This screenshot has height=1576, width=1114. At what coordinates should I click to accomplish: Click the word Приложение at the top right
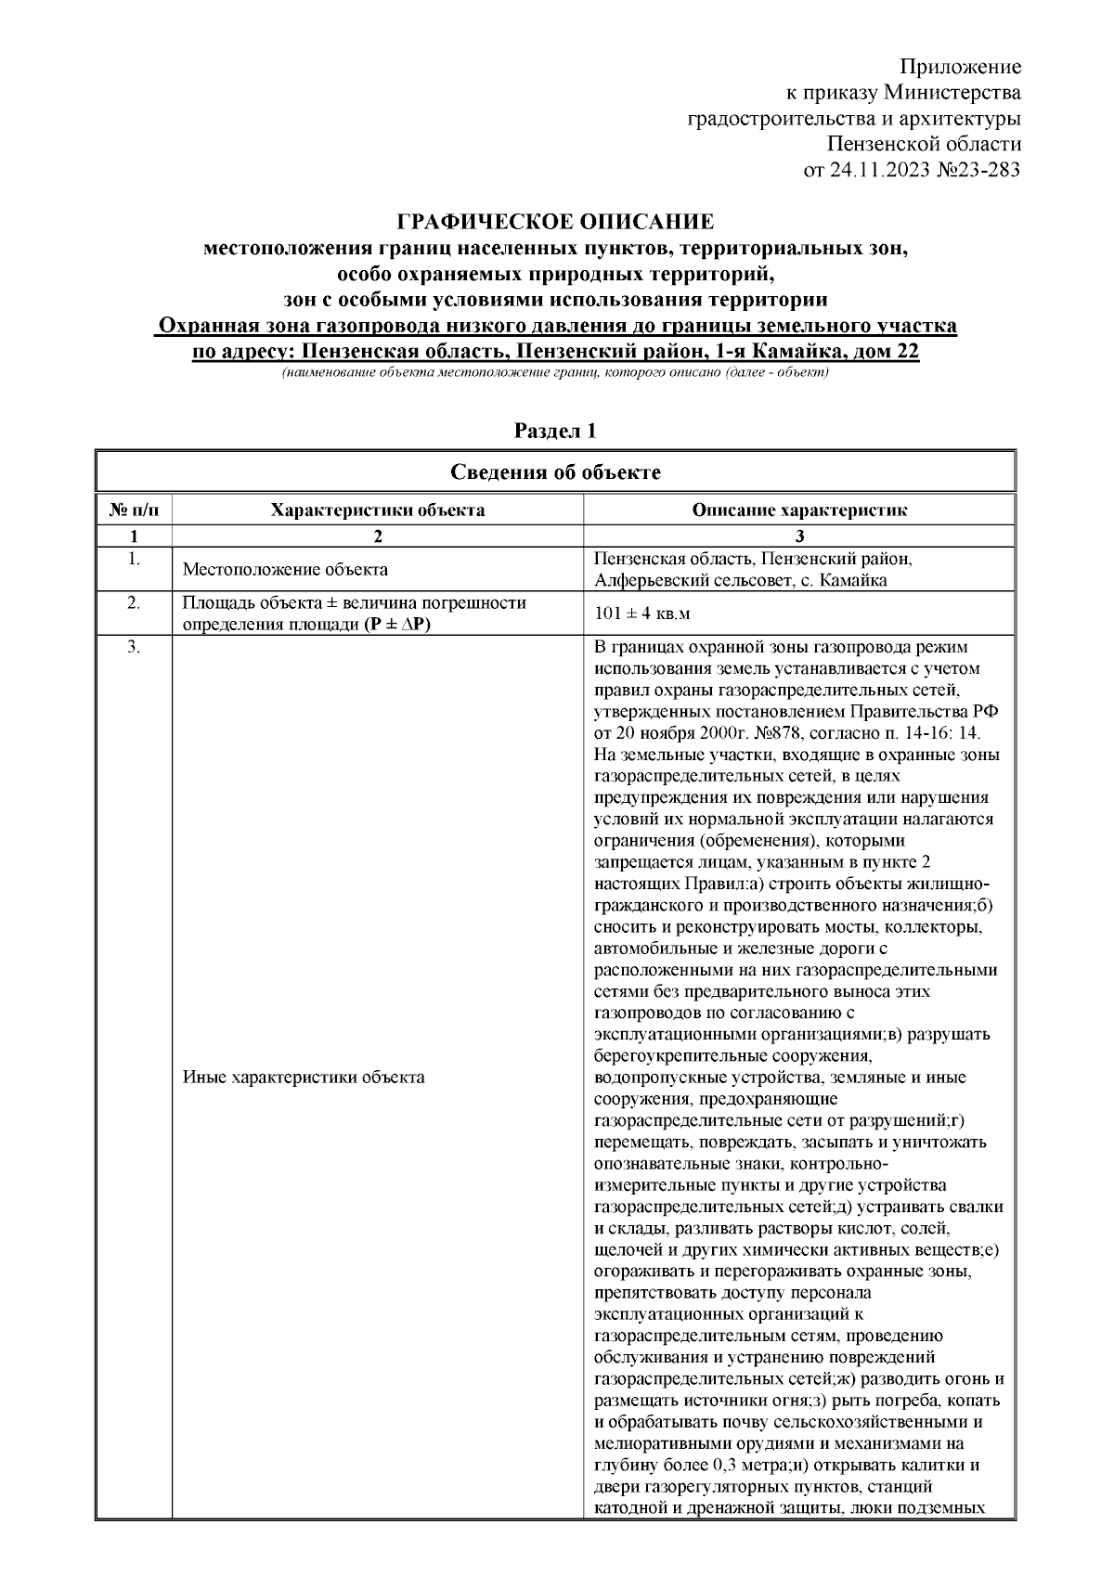(x=961, y=67)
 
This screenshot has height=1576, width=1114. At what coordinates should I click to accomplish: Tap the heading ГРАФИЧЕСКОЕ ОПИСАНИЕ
(x=555, y=222)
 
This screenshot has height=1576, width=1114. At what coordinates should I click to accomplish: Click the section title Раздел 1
(x=555, y=431)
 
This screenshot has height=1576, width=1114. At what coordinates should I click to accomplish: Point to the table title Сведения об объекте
(x=555, y=472)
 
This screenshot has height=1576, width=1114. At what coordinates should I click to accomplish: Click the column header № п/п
(x=134, y=510)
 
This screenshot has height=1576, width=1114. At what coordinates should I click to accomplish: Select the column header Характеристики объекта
(x=377, y=510)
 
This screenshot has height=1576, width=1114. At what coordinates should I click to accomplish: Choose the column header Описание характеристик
(x=799, y=510)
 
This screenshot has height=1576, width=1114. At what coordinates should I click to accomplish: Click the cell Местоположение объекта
(x=285, y=570)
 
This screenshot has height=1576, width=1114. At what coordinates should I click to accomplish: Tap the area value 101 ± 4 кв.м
(x=642, y=614)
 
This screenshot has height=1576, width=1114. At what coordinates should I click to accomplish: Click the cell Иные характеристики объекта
(x=304, y=1078)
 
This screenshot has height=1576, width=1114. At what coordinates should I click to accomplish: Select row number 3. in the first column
(x=134, y=648)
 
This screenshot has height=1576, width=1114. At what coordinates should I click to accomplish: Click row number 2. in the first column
(x=134, y=603)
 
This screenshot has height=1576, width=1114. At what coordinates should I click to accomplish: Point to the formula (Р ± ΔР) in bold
(x=396, y=625)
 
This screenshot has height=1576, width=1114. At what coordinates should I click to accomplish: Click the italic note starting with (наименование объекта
(x=555, y=372)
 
